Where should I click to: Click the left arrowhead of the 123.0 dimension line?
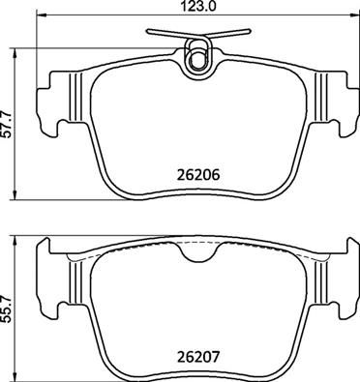pos(40,17)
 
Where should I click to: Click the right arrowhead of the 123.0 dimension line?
pos(351,17)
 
